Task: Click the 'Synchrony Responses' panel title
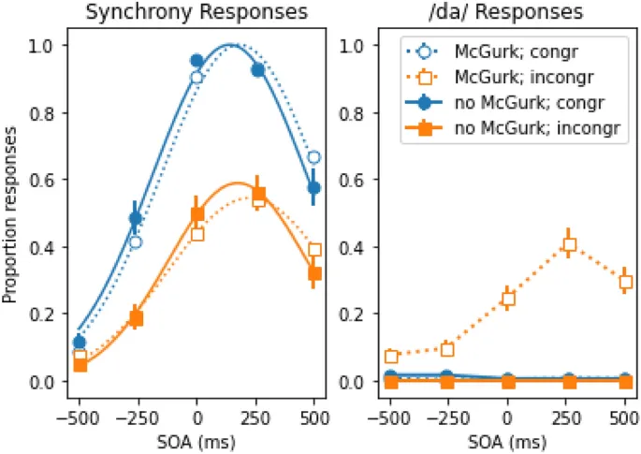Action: coord(197,12)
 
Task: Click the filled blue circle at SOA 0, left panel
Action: coord(197,61)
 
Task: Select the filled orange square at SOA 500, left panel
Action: coord(314,273)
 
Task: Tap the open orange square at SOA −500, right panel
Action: coord(391,357)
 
